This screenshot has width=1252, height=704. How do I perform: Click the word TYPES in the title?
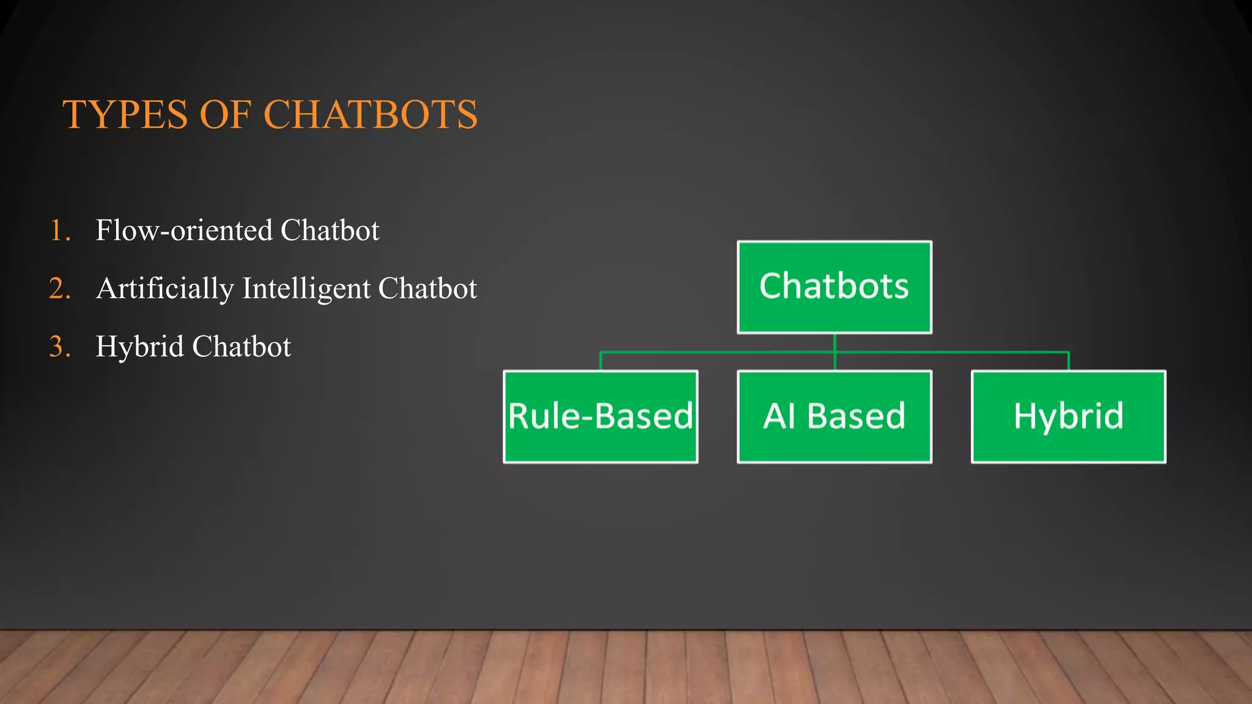(x=125, y=115)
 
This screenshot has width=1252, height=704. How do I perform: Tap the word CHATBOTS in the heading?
(x=370, y=115)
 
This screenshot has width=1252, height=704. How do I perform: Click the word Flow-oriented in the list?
(x=184, y=230)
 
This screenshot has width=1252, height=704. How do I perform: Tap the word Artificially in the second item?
(x=165, y=288)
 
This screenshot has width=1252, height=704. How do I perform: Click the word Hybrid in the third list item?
(x=140, y=346)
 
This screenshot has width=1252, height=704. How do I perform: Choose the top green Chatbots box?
(x=834, y=287)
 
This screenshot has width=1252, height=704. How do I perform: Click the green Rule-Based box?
(x=600, y=417)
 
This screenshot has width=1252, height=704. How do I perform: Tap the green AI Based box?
(x=834, y=417)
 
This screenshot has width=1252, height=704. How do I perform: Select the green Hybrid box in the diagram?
(x=1069, y=417)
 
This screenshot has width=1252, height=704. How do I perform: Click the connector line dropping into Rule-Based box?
(x=601, y=361)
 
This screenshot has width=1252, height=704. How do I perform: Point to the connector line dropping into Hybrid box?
(x=1069, y=361)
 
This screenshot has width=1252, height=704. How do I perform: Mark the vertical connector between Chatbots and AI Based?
(x=834, y=352)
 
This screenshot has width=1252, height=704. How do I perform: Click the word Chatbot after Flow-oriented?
(x=330, y=230)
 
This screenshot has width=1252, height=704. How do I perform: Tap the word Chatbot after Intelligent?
(x=427, y=288)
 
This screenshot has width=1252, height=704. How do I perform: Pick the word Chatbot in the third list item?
(x=241, y=346)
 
